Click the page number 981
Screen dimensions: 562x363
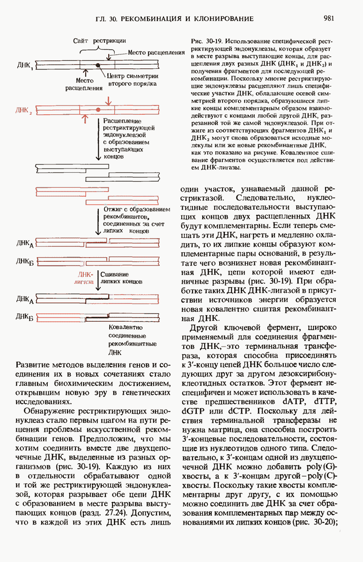click(328, 19)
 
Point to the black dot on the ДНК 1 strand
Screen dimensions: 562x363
click(97, 65)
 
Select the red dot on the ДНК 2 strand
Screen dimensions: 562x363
click(97, 110)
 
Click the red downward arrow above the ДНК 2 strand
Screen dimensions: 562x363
click(109, 100)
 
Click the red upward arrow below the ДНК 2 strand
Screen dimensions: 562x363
click(86, 119)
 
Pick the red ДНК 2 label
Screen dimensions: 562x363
click(24, 111)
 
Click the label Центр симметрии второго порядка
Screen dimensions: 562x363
click(132, 80)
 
